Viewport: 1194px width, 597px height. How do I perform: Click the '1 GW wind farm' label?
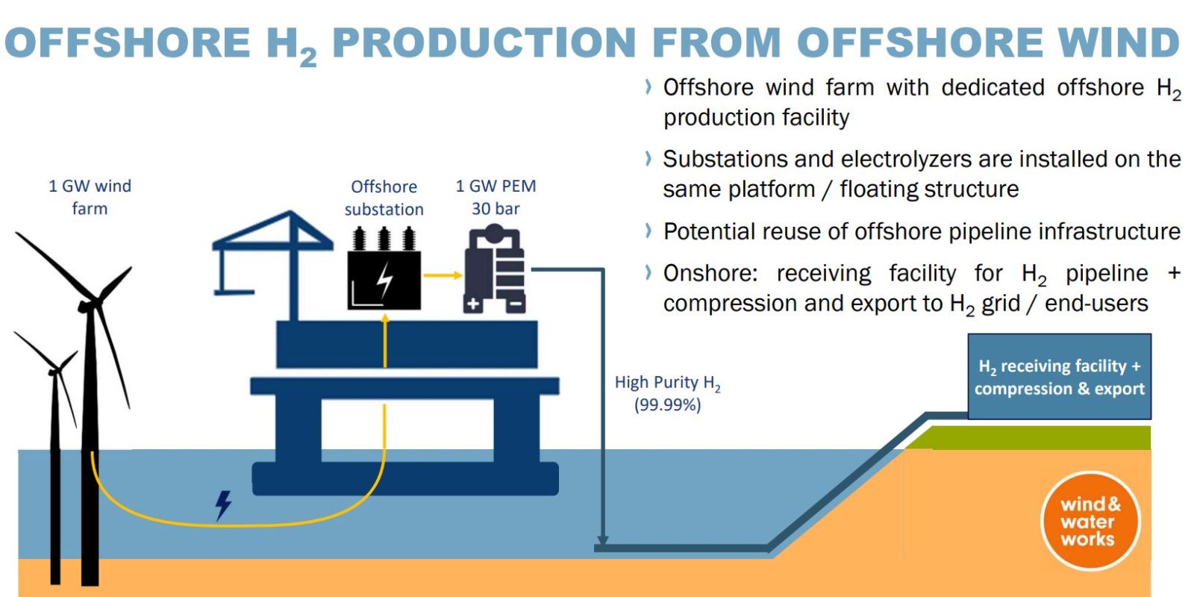pos(90,197)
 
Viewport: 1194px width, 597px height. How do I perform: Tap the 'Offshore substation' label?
pos(384,198)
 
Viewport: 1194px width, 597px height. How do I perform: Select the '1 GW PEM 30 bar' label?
pos(496,197)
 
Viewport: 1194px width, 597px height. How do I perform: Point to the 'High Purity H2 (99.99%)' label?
pos(667,393)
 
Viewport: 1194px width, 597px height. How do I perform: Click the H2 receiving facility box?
pos(1059,376)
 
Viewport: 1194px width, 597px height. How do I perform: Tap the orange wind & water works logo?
pos(1090,521)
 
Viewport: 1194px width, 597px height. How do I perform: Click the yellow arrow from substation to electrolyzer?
pos(443,275)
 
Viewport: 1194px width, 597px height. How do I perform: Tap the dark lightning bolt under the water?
pos(223,505)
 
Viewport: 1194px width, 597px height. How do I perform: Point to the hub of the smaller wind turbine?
pos(55,369)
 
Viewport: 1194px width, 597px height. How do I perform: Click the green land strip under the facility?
pos(1028,437)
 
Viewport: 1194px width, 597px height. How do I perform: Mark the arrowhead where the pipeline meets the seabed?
pos(602,540)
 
